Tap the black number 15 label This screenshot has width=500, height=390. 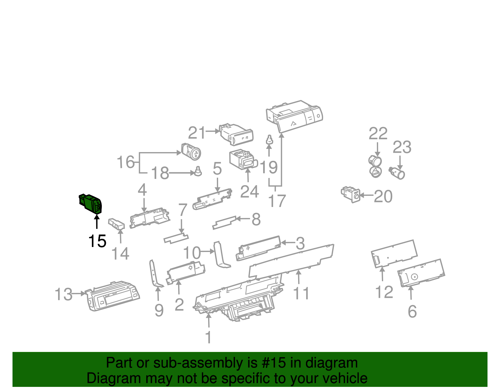click(97, 241)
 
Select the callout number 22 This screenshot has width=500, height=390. click(378, 134)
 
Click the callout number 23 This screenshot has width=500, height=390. click(402, 147)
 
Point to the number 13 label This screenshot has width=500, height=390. click(63, 294)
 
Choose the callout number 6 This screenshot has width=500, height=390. click(412, 312)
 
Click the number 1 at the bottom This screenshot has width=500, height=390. click(208, 337)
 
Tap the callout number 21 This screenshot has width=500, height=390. click(197, 133)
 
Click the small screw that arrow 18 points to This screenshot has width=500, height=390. click(198, 171)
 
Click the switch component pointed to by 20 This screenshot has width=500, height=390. click(351, 194)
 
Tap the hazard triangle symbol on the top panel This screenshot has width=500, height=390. click(293, 123)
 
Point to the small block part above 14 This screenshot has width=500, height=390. click(116, 224)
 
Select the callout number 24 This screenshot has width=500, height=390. click(249, 191)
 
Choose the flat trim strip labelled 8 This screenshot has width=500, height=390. click(224, 222)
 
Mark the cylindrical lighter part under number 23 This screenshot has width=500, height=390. click(397, 173)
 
